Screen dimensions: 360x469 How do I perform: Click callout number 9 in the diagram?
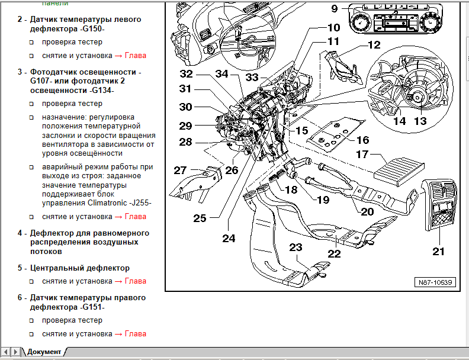tap(334, 9)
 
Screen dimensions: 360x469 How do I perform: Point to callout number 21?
tap(438, 251)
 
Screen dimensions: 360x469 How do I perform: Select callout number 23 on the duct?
tap(295, 247)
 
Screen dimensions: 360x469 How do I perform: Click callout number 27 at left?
tap(180, 171)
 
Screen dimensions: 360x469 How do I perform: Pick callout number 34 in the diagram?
tap(221, 74)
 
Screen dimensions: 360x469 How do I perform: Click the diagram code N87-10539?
tap(434, 282)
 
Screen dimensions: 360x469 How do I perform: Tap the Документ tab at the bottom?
tap(44, 352)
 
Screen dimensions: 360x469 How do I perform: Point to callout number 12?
tap(374, 44)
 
